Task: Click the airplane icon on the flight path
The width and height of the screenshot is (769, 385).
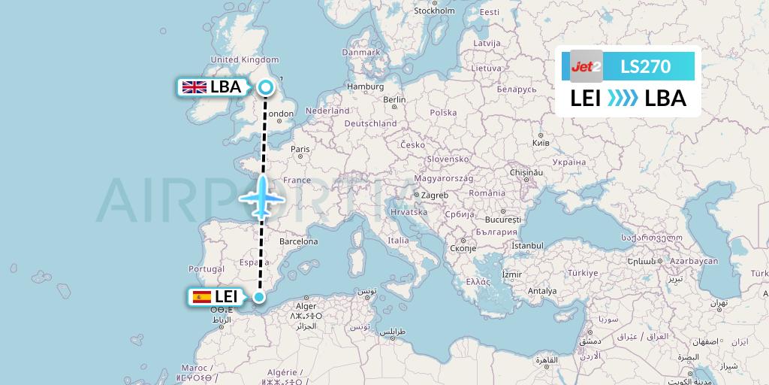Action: click(261, 197)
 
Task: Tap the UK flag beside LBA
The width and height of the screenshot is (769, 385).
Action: click(195, 87)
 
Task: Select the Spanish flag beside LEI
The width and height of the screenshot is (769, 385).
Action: click(202, 297)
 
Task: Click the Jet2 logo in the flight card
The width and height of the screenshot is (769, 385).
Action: click(587, 67)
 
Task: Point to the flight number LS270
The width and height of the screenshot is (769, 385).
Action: click(645, 67)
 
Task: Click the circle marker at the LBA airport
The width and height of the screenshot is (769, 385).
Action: click(265, 88)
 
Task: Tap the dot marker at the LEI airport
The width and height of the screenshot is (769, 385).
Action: click(259, 297)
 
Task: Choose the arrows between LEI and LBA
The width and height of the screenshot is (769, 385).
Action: click(623, 99)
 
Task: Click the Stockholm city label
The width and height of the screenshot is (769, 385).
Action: click(434, 11)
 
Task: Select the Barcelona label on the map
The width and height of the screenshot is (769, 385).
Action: click(299, 241)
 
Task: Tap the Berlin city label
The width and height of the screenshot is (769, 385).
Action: click(394, 99)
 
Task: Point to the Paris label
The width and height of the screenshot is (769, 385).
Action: click(300, 149)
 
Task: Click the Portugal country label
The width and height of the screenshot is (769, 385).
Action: click(207, 268)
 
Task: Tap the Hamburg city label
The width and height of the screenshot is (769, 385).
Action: click(366, 86)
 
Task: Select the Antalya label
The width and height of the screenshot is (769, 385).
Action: click(542, 290)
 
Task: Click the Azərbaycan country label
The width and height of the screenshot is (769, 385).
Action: click(695, 260)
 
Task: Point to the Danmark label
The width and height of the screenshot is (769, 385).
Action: click(360, 53)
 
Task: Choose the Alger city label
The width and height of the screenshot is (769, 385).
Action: click(306, 306)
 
